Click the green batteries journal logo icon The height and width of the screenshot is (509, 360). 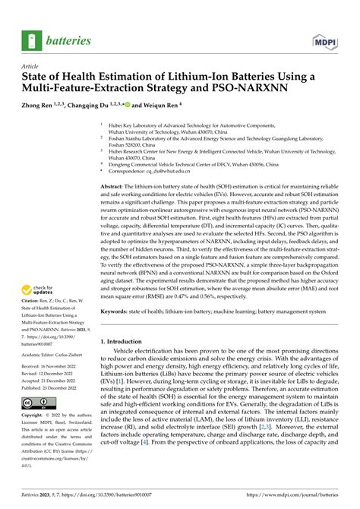pyautogui.click(x=33, y=40)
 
